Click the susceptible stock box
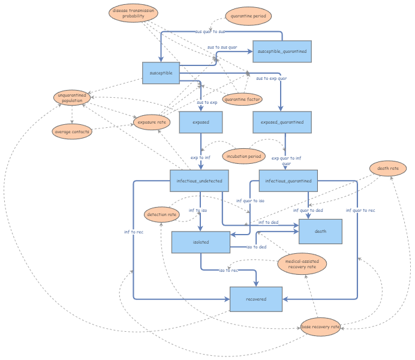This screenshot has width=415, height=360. coord(161,73)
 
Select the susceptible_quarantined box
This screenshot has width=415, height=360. coord(282,52)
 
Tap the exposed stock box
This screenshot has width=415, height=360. coord(201,122)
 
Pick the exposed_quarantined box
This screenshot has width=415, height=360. coord(282,122)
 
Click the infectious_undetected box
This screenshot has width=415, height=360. coord(199,181)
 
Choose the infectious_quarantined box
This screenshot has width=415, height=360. coord(288,181)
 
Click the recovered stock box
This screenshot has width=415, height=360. coord(256,298)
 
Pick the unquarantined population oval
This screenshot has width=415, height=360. coord(72,98)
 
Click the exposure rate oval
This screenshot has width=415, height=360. coord(152,122)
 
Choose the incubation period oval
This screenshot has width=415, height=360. coord(243,157)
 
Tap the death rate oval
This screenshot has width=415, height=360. coord(388,169)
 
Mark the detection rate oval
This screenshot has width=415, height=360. coord(162,214)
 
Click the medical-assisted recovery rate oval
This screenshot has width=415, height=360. coord(302,263)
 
